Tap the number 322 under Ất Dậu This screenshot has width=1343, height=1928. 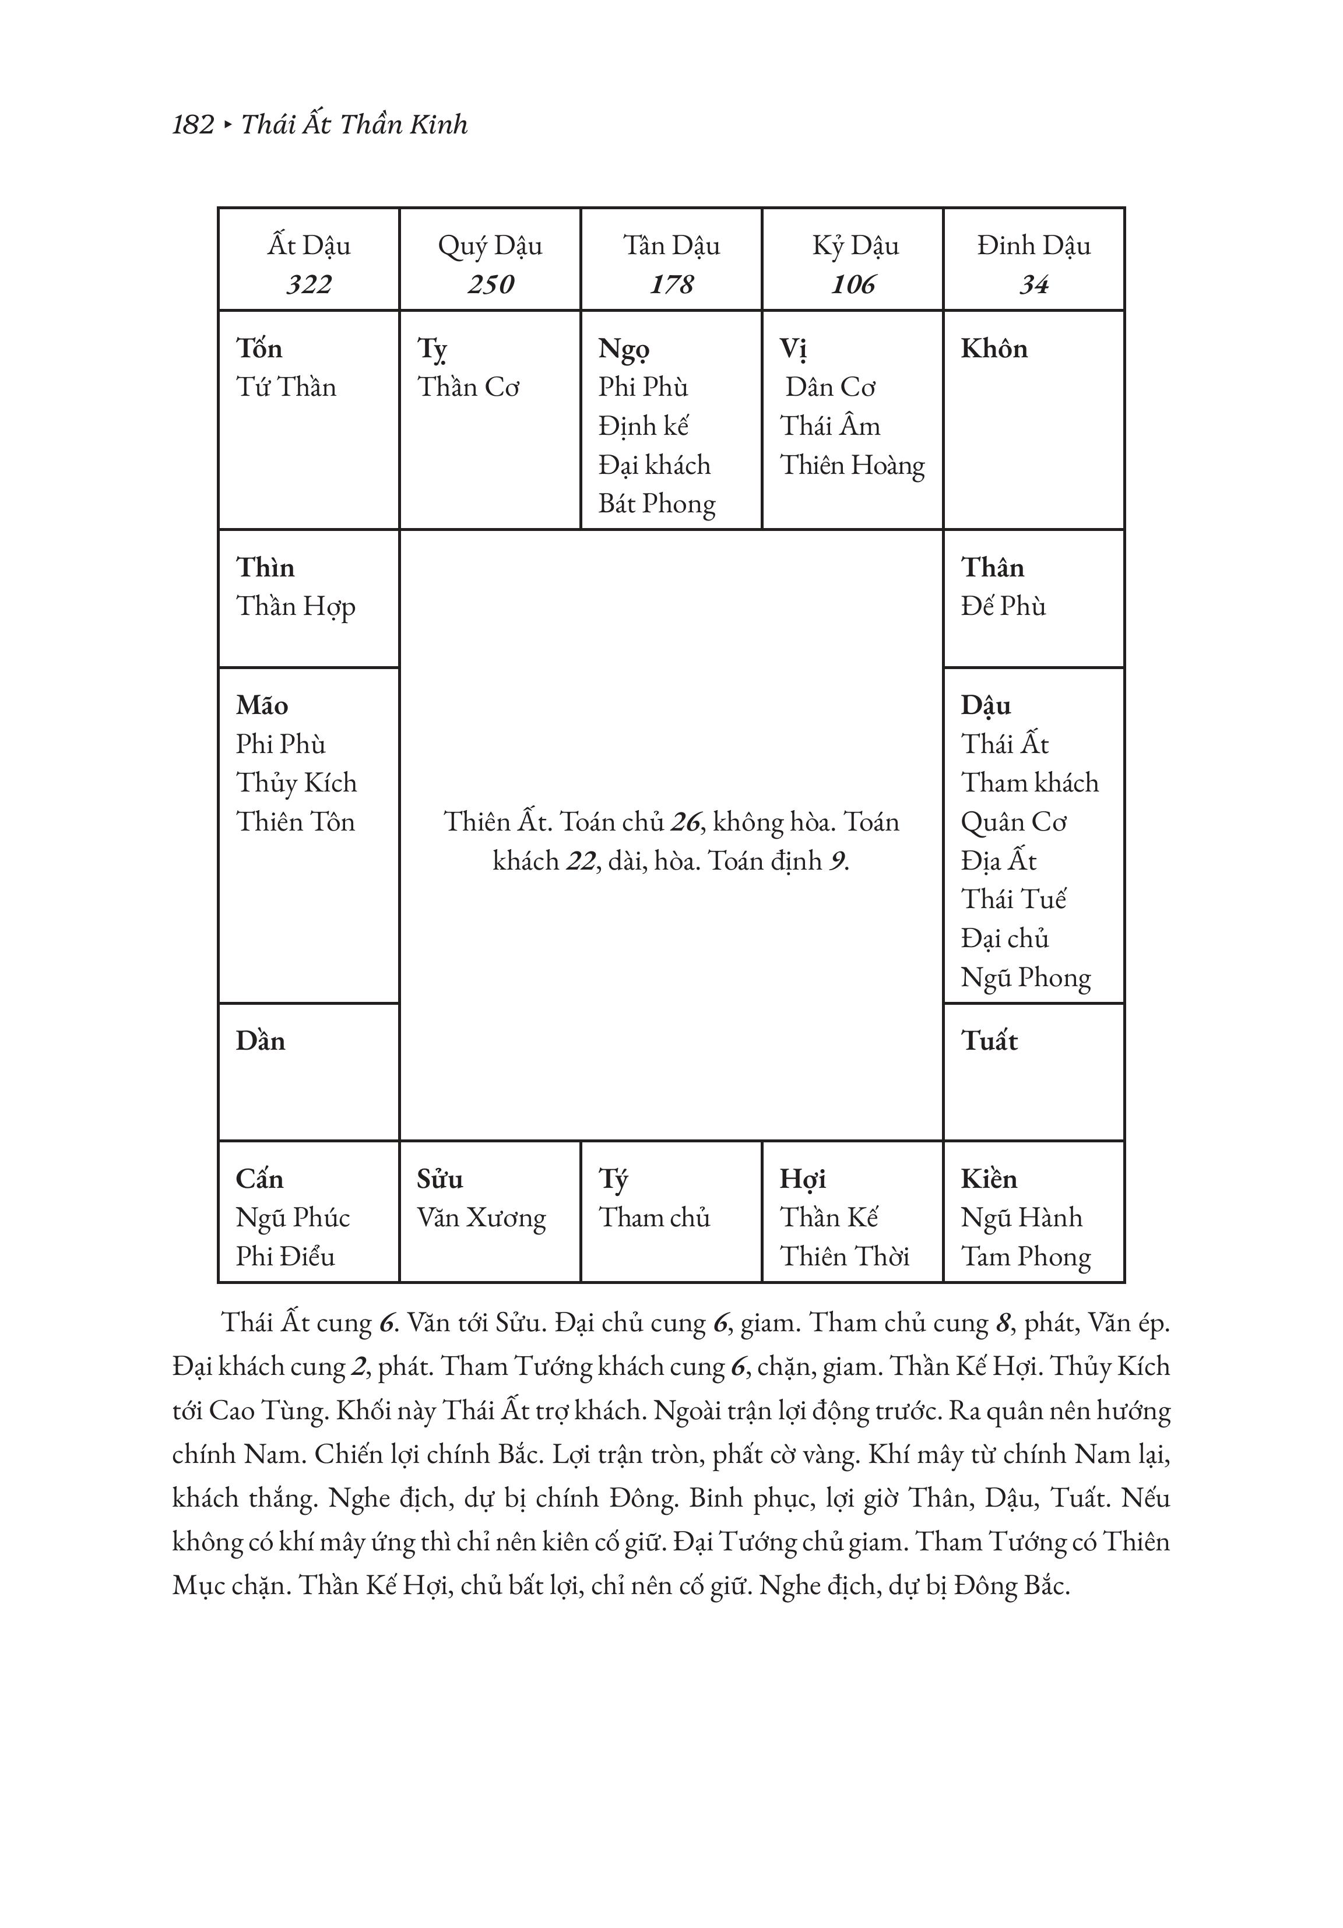pos(308,284)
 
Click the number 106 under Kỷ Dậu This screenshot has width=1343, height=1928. pos(853,284)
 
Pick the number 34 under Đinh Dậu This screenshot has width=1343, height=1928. pos(1034,284)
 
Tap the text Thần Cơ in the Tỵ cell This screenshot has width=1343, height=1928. pos(468,387)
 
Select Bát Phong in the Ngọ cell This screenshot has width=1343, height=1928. pos(657,504)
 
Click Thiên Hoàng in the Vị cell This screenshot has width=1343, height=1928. pos(852,465)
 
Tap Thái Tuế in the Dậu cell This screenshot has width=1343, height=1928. pos(1013,899)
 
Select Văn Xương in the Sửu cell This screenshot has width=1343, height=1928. pos(481,1218)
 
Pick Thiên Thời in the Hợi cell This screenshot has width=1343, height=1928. pos(844,1256)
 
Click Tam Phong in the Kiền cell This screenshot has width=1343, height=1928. pos(1025,1256)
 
